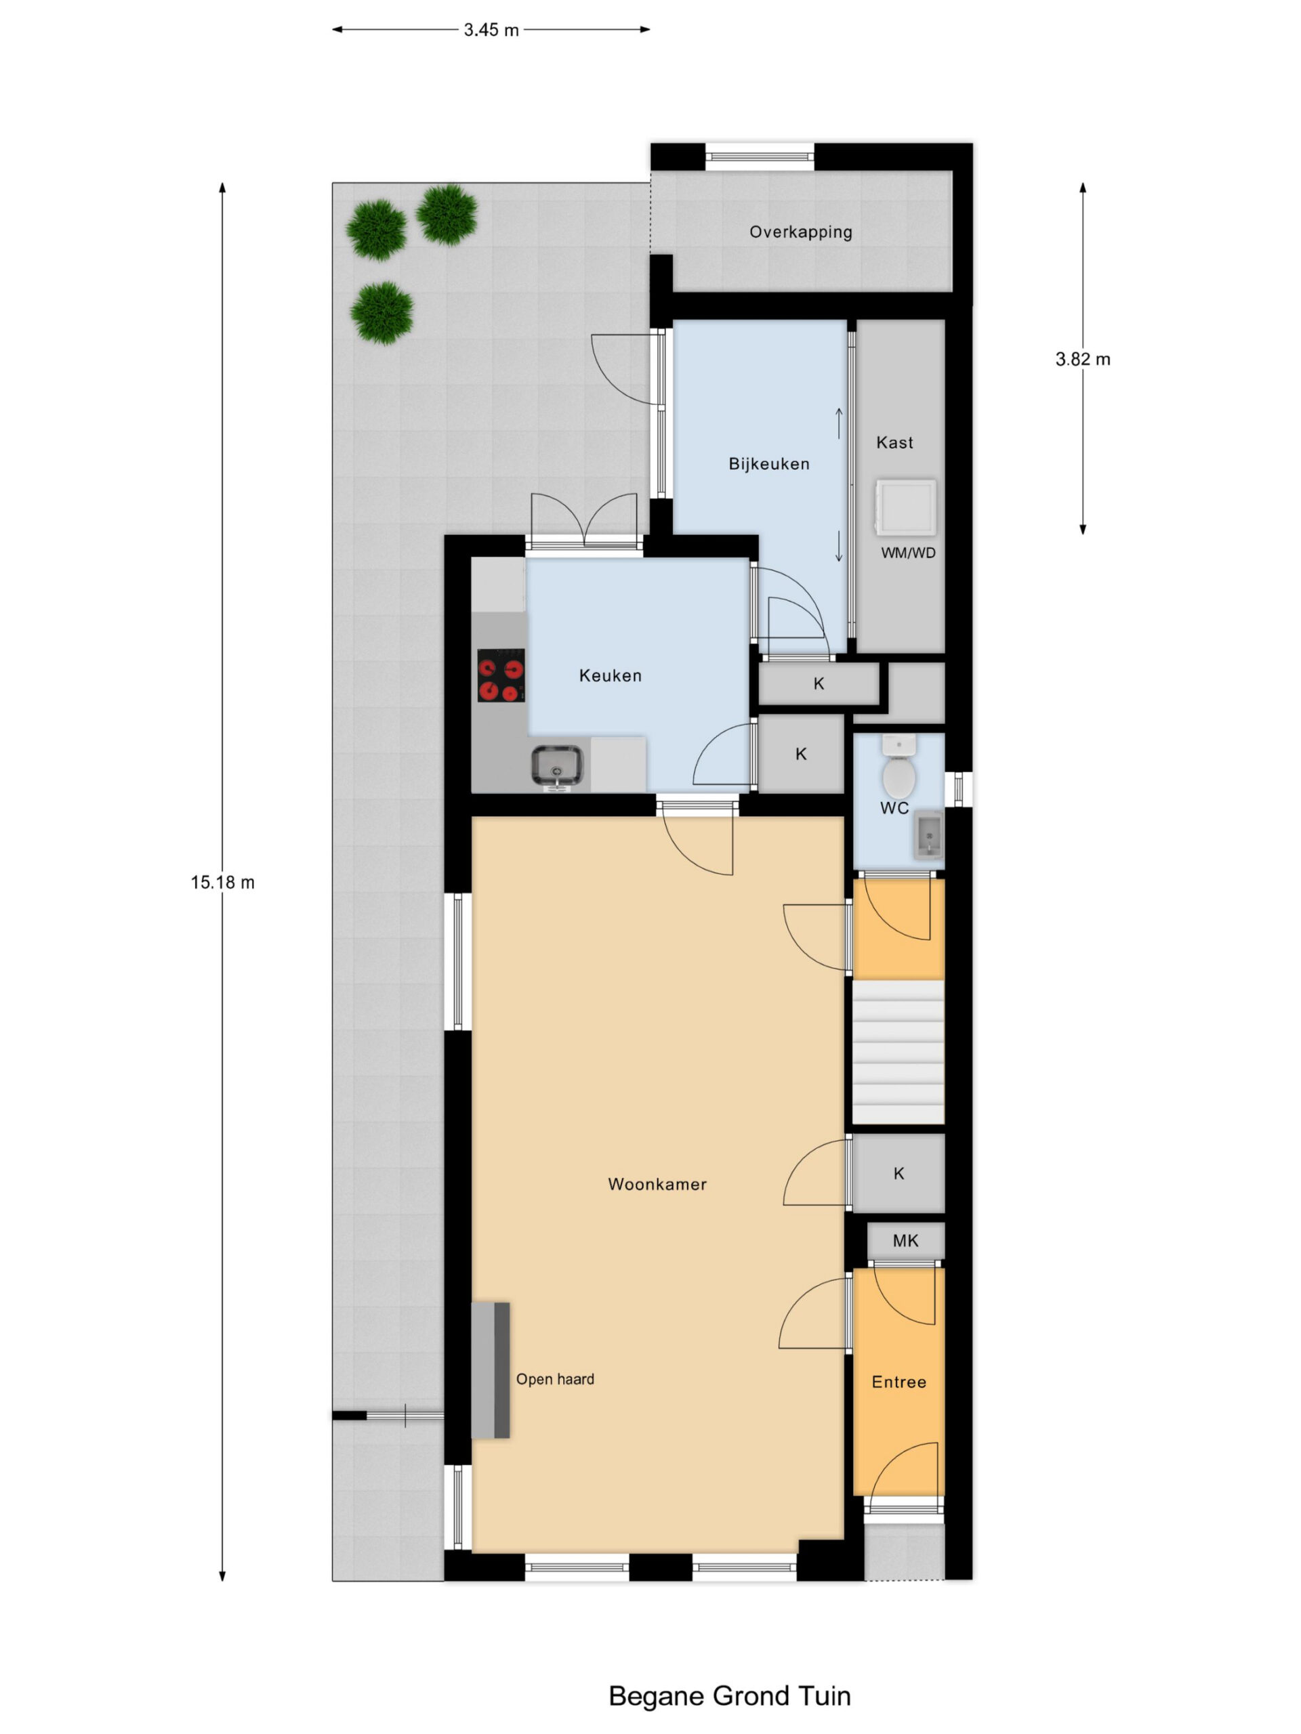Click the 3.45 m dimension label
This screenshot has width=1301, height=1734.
pos(491,30)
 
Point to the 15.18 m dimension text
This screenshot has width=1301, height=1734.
pos(222,883)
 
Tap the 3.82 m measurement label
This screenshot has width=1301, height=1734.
pos(1082,360)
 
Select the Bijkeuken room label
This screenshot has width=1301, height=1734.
pos(768,464)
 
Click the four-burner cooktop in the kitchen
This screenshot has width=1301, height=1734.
pos(501,675)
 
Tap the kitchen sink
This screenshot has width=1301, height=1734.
pos(558,766)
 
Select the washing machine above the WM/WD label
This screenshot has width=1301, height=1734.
pos(906,507)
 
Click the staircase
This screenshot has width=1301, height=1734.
pos(898,1051)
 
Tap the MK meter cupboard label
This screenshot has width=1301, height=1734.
pos(905,1241)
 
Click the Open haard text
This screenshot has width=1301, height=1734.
pos(554,1380)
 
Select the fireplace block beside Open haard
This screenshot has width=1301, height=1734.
pos(491,1370)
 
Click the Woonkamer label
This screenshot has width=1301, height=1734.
pos(657,1185)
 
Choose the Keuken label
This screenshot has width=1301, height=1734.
pos(610,676)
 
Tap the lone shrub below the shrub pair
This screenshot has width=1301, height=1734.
pos(382,313)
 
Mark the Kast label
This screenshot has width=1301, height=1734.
pos(895,443)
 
